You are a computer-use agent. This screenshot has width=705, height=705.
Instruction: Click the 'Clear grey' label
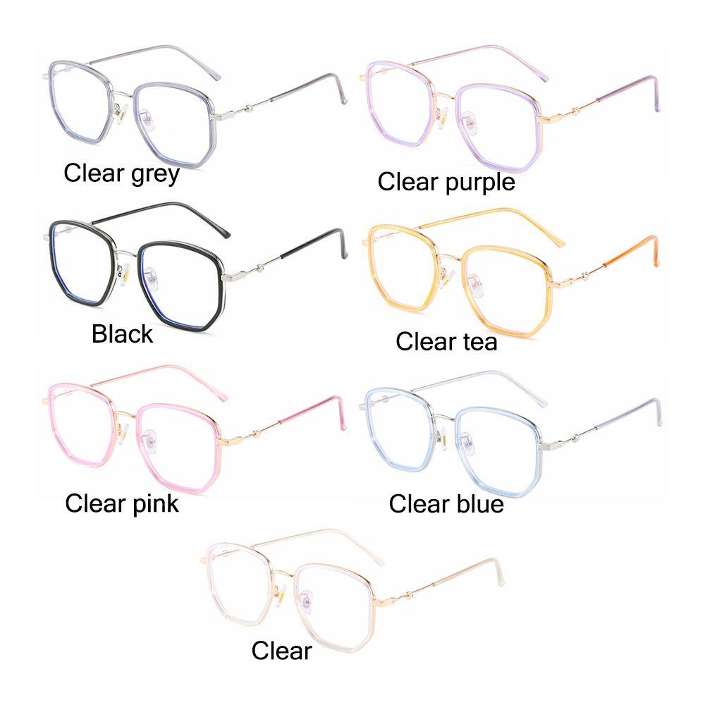[x=121, y=173]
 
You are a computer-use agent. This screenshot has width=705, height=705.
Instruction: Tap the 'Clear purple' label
[x=446, y=182]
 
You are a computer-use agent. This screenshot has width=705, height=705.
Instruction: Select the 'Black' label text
[x=122, y=333]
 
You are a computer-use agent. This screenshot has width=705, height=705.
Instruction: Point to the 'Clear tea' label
[x=446, y=342]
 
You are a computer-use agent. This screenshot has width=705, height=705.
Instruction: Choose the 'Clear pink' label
[x=122, y=503]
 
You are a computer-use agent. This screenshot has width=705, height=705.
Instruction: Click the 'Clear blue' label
[x=446, y=504]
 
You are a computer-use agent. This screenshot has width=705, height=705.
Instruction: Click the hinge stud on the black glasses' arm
[x=260, y=266]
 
